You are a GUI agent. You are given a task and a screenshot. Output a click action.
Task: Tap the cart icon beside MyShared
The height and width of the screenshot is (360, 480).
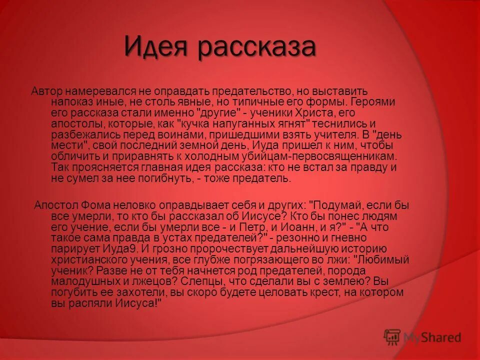(x=392, y=337)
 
